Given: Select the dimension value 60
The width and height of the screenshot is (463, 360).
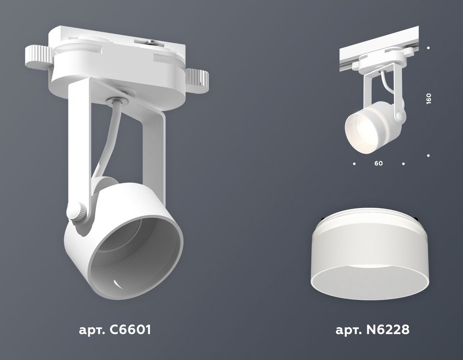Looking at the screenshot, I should (379, 164).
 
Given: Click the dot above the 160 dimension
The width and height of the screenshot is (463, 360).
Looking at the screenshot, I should (429, 48).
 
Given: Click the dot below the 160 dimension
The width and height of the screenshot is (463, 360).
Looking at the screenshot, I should (429, 156).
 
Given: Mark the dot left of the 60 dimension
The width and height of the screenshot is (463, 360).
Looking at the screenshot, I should (354, 163).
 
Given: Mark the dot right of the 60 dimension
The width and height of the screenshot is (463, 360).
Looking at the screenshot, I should (404, 163).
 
